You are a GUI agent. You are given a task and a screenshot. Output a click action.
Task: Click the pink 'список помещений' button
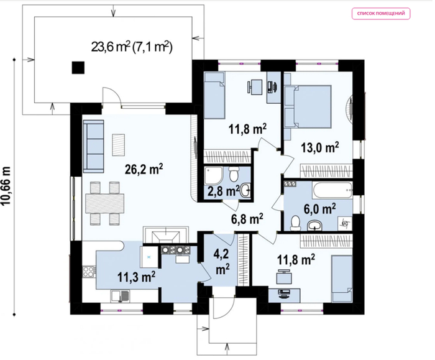click(381, 14)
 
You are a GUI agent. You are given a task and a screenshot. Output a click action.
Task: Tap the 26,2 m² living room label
click(144, 169)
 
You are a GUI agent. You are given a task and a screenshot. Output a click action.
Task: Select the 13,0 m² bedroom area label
click(320, 147)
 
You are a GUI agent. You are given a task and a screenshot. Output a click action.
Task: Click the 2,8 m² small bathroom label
click(222, 191)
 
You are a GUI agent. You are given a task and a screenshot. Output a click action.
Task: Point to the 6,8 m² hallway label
click(247, 219)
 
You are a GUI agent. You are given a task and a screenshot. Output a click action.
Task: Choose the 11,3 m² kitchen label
click(136, 277)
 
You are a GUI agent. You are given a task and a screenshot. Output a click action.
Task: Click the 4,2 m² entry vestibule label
click(222, 262)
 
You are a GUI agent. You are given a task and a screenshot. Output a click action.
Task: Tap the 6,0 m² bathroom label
click(320, 209)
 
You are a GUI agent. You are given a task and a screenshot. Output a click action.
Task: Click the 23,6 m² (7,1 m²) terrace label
click(132, 47)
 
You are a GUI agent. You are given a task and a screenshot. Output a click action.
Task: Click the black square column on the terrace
click(78, 67)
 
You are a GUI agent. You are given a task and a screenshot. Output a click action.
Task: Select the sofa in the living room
click(93, 146)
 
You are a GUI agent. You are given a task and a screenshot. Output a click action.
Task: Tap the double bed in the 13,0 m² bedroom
click(308, 106)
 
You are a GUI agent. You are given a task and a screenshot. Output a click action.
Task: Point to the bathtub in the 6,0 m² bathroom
click(332, 190)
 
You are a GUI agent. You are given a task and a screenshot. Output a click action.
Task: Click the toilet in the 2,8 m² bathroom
click(234, 173)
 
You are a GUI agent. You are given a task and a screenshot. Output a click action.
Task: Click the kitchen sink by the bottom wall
click(120, 296)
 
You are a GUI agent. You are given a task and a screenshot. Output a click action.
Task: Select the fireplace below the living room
click(166, 236)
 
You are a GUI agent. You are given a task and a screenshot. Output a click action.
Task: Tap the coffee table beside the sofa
click(119, 145)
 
